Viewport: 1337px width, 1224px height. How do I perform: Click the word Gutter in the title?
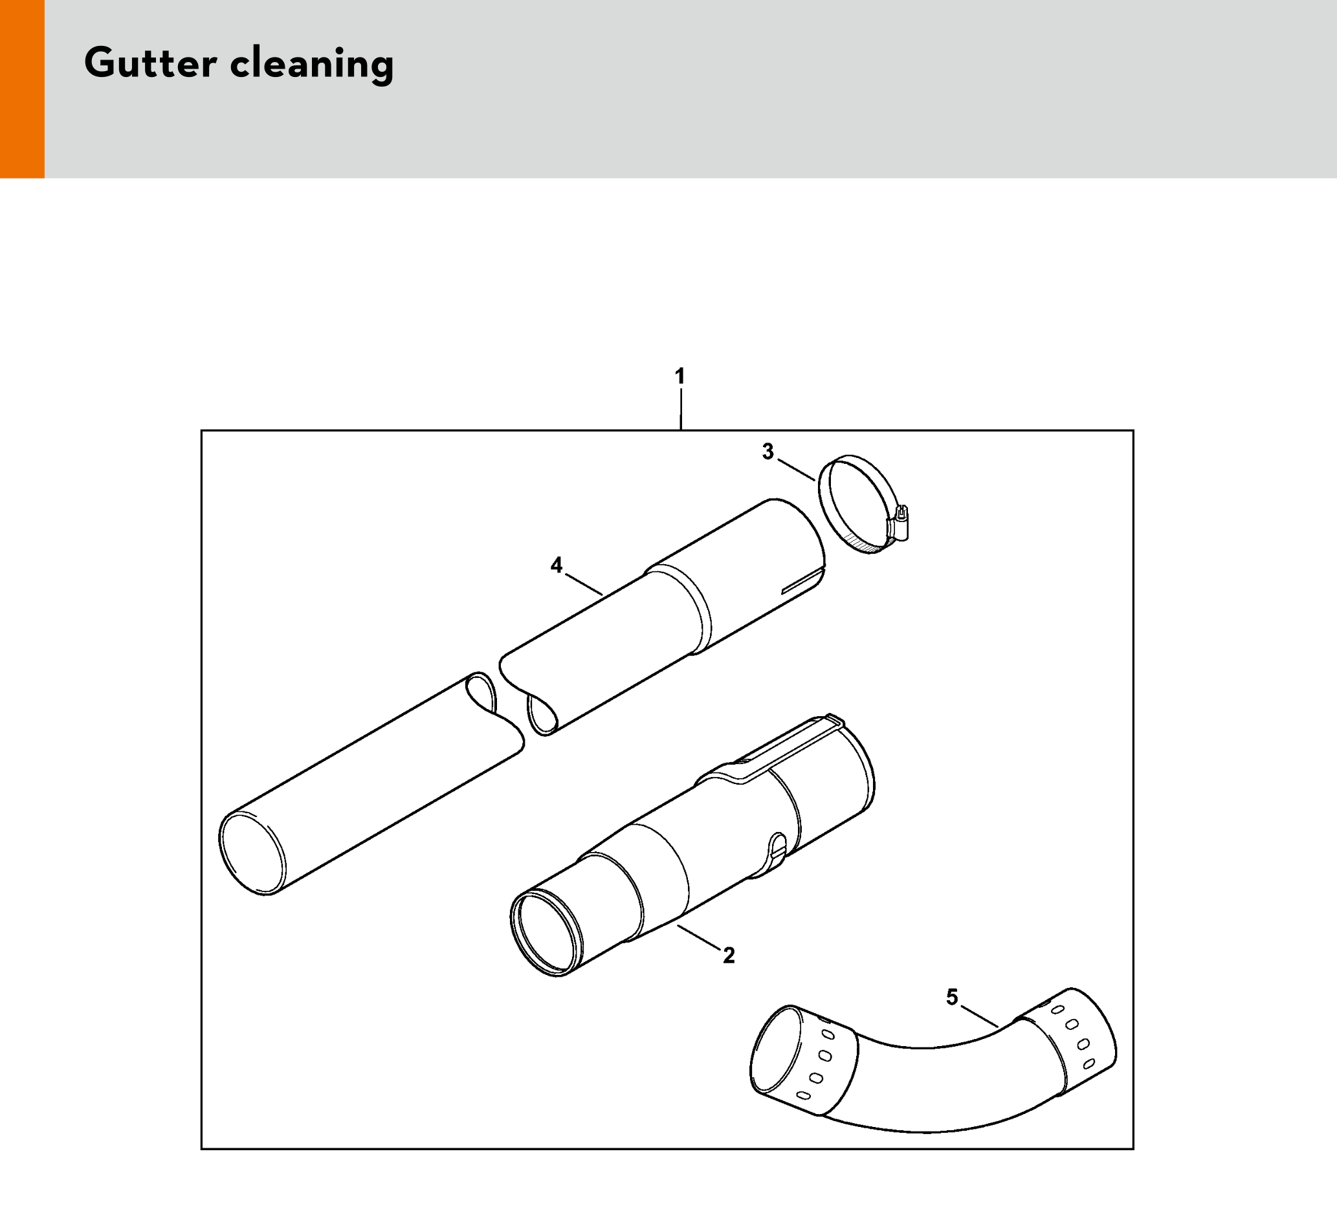(x=151, y=63)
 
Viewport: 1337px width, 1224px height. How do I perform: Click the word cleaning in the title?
(x=312, y=65)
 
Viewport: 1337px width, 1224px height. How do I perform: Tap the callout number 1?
(x=680, y=377)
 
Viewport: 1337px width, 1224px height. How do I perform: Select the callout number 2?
(x=729, y=956)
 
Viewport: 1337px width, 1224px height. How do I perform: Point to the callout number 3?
(x=768, y=452)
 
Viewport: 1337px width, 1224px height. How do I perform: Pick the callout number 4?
(x=557, y=565)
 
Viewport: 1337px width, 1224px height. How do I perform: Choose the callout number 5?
(x=953, y=997)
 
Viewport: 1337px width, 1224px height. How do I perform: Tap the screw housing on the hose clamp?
(x=899, y=522)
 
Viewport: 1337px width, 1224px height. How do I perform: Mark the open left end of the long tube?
(x=252, y=854)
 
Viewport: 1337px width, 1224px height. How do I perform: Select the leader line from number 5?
(x=980, y=1017)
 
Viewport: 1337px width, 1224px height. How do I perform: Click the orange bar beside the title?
(x=22, y=89)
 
